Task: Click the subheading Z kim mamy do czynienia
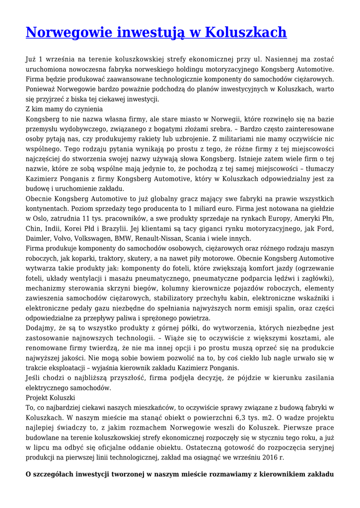tap(64, 109)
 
